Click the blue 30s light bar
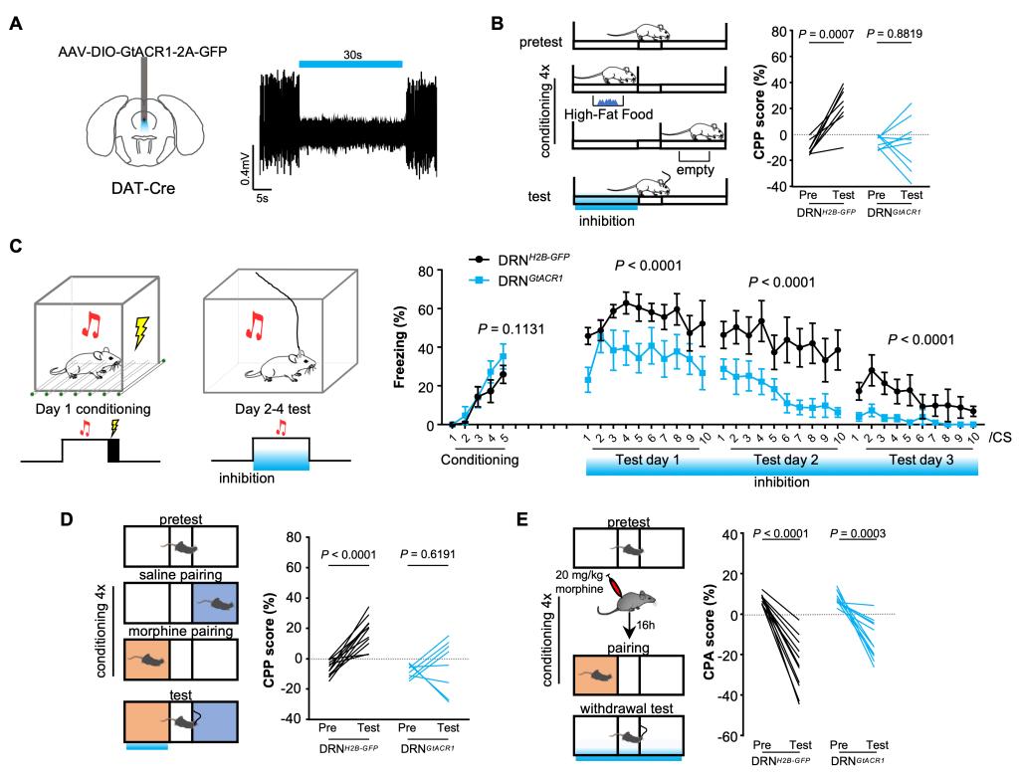click(x=351, y=63)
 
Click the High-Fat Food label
click(x=607, y=114)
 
